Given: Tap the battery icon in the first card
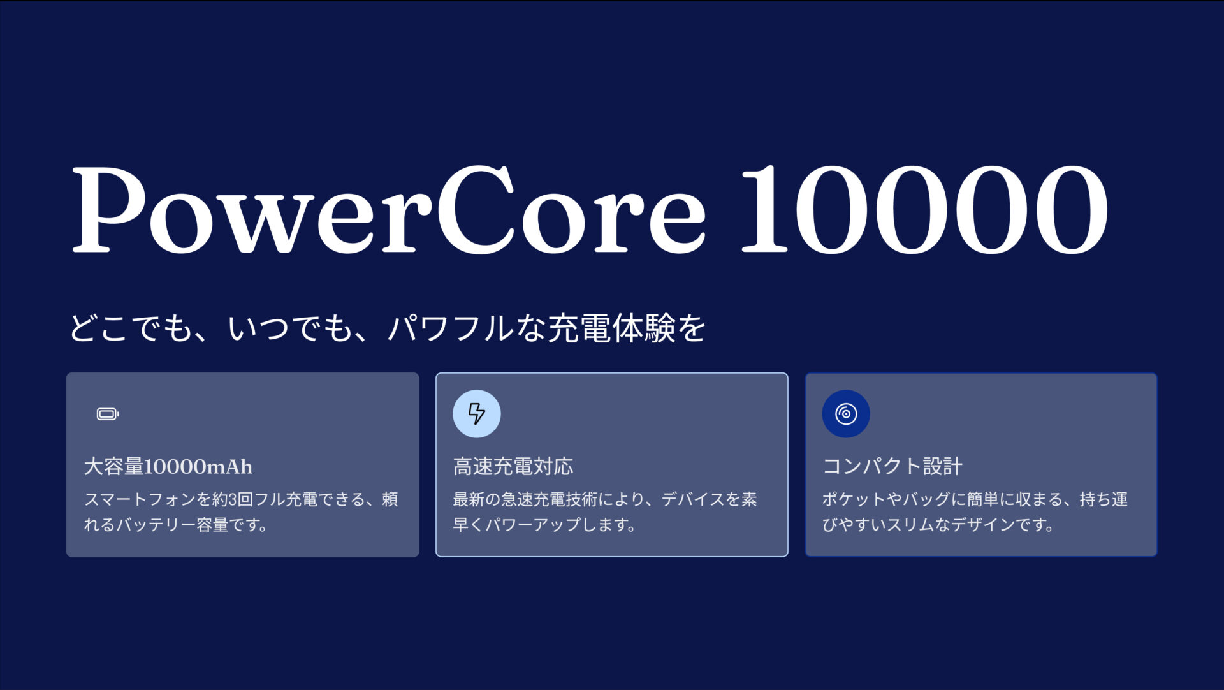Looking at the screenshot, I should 108,415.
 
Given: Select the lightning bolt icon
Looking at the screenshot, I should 477,414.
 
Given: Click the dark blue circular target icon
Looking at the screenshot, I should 846,414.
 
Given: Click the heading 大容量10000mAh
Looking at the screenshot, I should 168,467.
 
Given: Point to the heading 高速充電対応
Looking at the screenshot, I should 513,467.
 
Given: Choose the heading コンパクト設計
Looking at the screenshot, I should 892,467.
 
